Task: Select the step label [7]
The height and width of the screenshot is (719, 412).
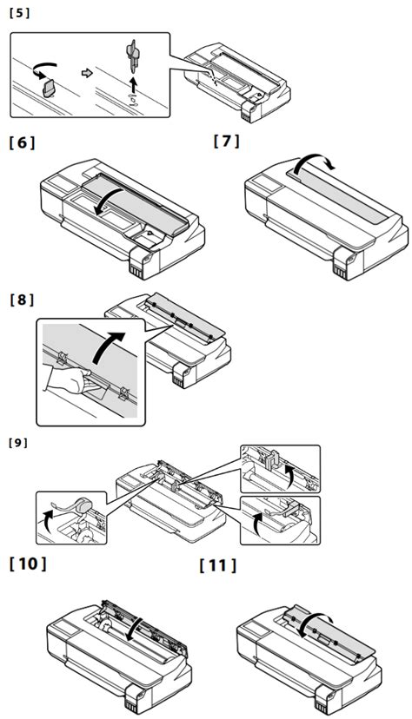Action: coord(227,142)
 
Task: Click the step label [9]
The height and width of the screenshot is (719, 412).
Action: coord(17,442)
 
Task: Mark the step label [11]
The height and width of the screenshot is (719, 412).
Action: coord(217,565)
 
